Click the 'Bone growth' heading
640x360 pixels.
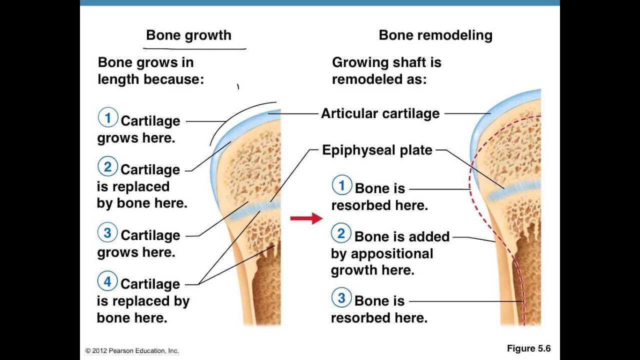pyautogui.click(x=188, y=35)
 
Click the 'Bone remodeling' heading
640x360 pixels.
pyautogui.click(x=435, y=35)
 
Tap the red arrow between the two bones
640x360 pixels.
pyautogui.click(x=306, y=218)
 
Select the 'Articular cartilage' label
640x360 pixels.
pyautogui.click(x=380, y=113)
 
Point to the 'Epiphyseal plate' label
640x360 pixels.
pyautogui.click(x=377, y=150)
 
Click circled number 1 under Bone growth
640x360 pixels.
pyautogui.click(x=107, y=117)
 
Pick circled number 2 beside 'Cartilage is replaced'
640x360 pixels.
pyautogui.click(x=107, y=166)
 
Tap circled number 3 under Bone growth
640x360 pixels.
pyautogui.click(x=107, y=232)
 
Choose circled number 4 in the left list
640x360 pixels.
pyautogui.click(x=107, y=281)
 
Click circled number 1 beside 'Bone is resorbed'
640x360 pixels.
pyautogui.click(x=342, y=185)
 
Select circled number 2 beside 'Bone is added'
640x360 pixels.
pyautogui.click(x=341, y=233)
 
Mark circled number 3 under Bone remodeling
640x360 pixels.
pyautogui.click(x=341, y=297)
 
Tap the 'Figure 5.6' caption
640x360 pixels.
pyautogui.click(x=528, y=348)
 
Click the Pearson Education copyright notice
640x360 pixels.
pyautogui.click(x=132, y=350)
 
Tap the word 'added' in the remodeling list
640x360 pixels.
pyautogui.click(x=430, y=236)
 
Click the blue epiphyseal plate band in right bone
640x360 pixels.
pyautogui.click(x=514, y=189)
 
